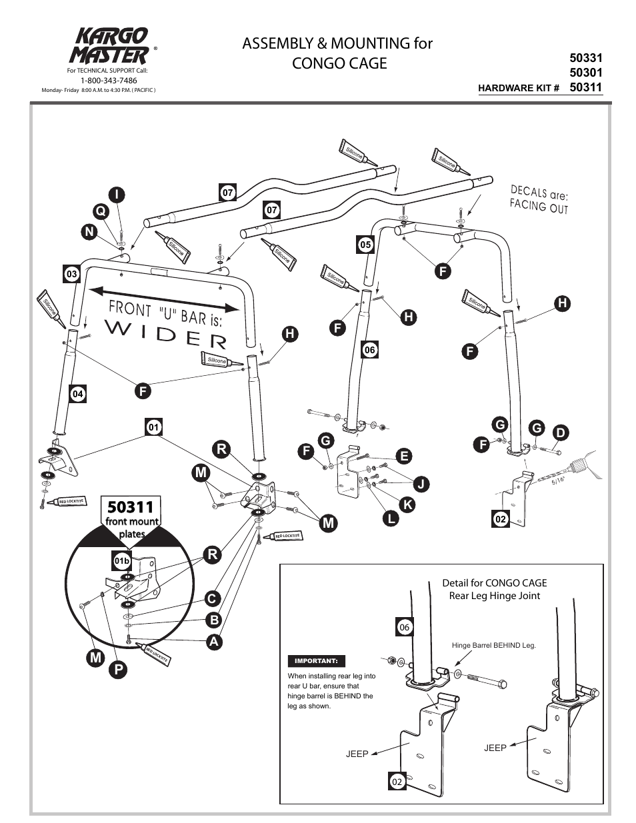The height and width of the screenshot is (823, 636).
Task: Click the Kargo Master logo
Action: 110,45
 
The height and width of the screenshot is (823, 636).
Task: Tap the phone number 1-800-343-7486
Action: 109,80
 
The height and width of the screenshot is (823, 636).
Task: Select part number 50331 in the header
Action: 586,59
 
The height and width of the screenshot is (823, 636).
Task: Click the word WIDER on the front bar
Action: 166,334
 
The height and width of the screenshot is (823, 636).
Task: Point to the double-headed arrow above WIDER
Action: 163,299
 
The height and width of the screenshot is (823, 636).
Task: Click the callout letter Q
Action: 100,211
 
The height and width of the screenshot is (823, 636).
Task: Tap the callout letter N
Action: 89,231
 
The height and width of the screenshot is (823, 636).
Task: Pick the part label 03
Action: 71,274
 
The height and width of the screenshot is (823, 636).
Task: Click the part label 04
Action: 78,394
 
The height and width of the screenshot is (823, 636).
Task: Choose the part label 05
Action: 365,245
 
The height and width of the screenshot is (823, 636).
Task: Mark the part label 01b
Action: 121,561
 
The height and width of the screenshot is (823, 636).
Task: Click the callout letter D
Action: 560,433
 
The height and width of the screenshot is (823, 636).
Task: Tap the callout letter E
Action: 403,456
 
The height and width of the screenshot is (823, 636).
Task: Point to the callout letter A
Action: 213,642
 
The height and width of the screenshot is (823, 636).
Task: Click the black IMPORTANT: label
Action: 317,661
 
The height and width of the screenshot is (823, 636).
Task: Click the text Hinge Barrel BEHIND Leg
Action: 493,645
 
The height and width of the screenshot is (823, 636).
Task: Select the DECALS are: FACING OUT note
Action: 539,199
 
